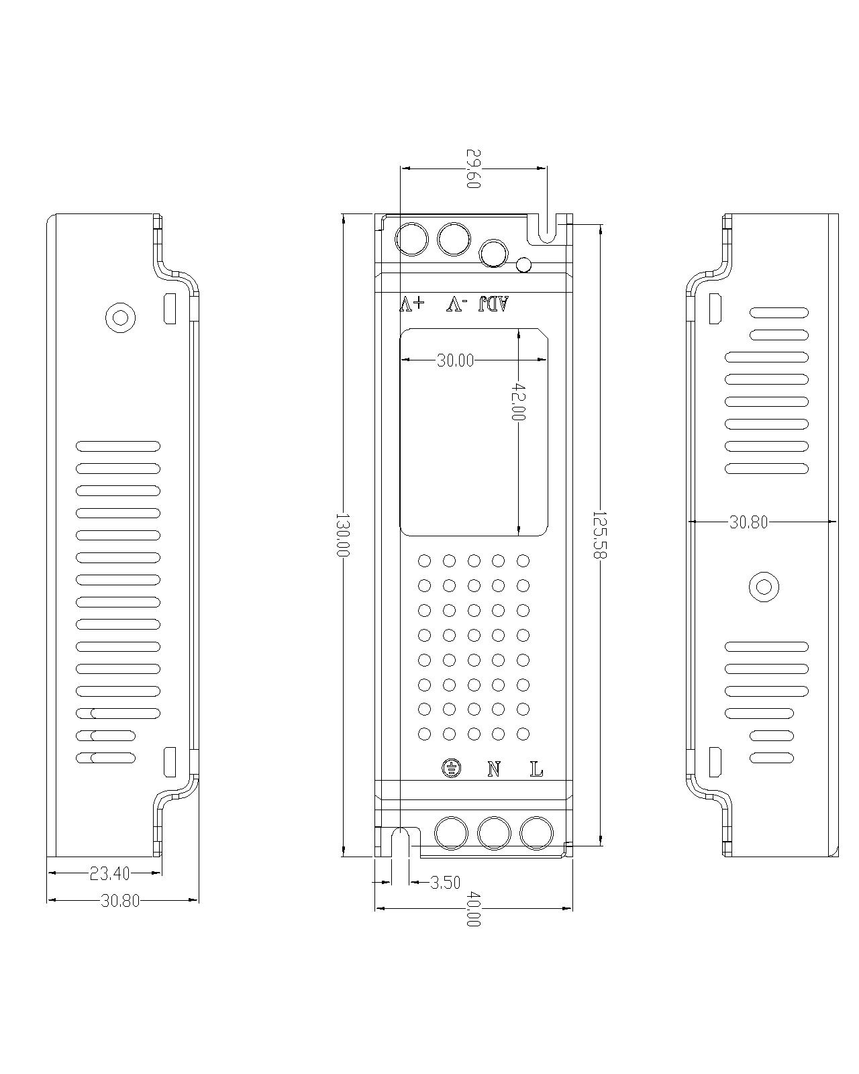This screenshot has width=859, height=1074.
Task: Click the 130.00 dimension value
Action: point(343,534)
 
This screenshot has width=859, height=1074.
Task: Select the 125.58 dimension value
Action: point(599,534)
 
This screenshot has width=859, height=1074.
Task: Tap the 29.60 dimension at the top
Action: point(473,168)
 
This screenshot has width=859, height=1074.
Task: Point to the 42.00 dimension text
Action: point(519,401)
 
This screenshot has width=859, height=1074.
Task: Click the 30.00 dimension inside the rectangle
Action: point(455,360)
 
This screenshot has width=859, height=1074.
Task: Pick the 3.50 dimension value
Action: point(445,882)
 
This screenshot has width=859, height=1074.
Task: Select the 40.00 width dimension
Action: point(473,909)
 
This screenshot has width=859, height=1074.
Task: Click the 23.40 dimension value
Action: point(109,873)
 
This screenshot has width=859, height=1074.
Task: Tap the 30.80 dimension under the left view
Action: point(120,901)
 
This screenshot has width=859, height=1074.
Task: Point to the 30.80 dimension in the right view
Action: point(748,522)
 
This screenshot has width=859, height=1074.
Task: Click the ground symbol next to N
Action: point(451,769)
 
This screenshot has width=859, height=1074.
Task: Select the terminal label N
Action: point(495,769)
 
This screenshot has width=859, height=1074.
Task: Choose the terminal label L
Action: point(536,769)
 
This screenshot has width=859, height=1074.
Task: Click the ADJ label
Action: point(494,304)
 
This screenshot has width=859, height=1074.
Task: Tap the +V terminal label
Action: point(412,304)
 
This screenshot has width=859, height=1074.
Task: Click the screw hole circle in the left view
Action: point(121,316)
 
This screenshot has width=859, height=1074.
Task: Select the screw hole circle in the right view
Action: point(763,587)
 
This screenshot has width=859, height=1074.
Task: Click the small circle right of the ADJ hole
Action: point(523,264)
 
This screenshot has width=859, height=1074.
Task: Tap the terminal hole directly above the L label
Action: point(537,834)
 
